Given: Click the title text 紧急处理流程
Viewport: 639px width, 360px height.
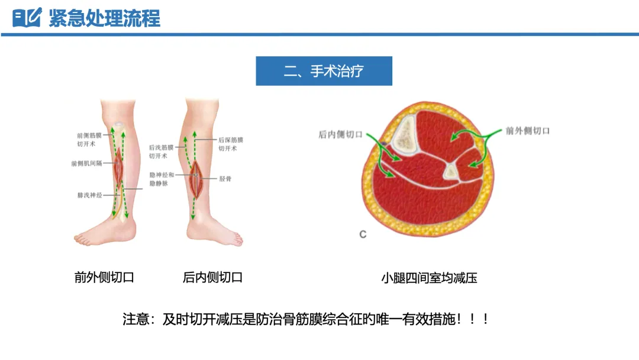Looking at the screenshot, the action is pyautogui.click(x=104, y=18).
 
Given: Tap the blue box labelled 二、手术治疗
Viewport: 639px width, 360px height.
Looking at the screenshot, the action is pyautogui.click(x=324, y=72).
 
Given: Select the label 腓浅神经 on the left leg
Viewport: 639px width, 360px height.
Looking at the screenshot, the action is pyautogui.click(x=89, y=194).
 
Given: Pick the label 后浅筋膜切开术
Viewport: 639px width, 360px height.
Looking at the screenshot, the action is pyautogui.click(x=161, y=152).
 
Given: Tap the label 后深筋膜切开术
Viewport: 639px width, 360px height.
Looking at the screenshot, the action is pyautogui.click(x=231, y=144).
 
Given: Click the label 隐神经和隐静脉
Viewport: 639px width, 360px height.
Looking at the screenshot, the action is pyautogui.click(x=162, y=179).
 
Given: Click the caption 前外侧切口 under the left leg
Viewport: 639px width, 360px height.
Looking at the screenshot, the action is pyautogui.click(x=104, y=277).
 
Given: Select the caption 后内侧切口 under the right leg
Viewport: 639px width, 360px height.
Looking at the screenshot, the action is pyautogui.click(x=212, y=277).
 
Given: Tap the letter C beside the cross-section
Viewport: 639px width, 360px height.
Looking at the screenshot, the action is pyautogui.click(x=363, y=234).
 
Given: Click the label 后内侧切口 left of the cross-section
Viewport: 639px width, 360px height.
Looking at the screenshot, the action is pyautogui.click(x=340, y=134).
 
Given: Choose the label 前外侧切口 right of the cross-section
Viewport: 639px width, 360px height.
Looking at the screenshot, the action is pyautogui.click(x=527, y=130).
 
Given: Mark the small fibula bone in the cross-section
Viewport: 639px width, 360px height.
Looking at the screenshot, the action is pyautogui.click(x=451, y=172).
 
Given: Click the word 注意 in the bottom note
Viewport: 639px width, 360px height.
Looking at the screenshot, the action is pyautogui.click(x=134, y=319).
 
